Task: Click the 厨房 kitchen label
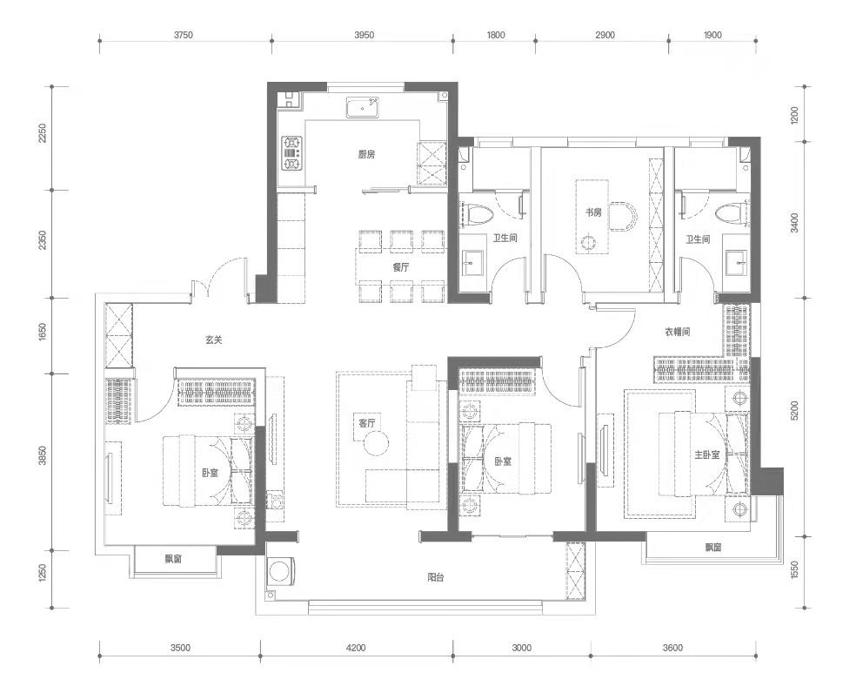coord(366,155)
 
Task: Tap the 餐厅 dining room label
coord(400,268)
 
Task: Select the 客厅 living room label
coord(367,422)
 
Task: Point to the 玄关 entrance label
coord(213,340)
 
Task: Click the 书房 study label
coord(593,212)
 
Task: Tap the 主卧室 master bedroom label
coord(706,454)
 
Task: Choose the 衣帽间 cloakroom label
coord(678,331)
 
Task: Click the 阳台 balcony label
coord(435,577)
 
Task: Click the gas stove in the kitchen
coord(291,152)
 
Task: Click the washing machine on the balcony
coord(281,571)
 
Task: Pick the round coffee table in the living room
coord(377,442)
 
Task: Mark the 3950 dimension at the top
coord(364,35)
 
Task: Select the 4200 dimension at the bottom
coord(356,649)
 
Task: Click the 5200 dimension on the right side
coord(794,410)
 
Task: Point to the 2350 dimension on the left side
coord(43,241)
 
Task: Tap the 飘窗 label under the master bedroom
coord(712,547)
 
